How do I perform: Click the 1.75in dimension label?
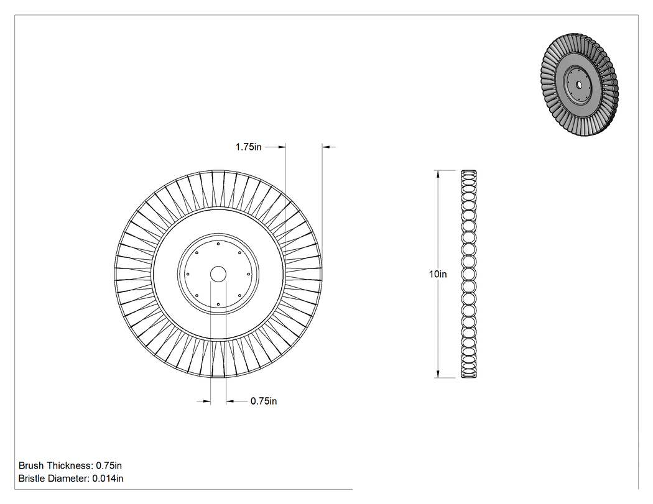[249, 147]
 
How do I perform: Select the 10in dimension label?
[438, 274]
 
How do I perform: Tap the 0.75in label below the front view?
[264, 401]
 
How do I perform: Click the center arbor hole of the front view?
[218, 274]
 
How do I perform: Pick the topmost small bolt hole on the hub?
[218, 244]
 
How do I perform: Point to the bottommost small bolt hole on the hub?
[218, 305]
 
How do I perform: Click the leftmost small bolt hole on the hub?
[188, 274]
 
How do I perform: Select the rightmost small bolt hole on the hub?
[249, 274]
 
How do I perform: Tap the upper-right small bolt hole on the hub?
[239, 253]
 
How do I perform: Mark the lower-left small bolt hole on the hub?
[197, 296]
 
